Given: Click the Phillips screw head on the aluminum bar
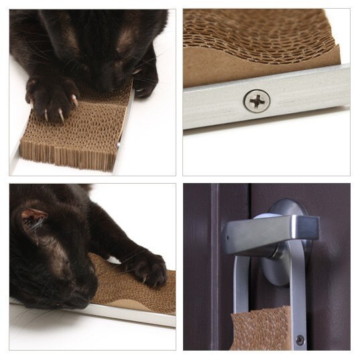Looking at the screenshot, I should (257, 101).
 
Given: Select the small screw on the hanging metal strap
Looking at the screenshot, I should (300, 340).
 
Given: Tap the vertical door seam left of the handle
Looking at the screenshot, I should (214, 268).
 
